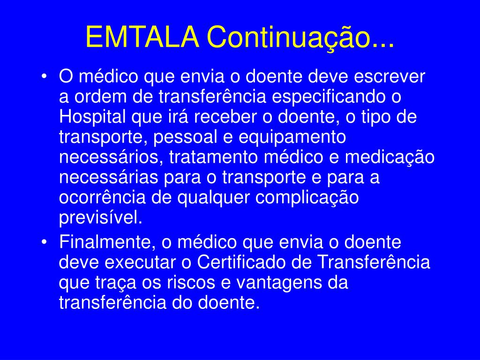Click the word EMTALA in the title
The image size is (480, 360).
point(142,37)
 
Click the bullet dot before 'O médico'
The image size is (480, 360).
point(45,76)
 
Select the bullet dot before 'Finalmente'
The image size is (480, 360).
point(45,242)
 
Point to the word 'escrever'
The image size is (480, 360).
point(390,76)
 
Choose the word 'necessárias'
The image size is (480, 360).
point(109,178)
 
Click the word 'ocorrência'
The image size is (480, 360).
point(102,198)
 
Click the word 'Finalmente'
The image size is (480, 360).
point(108,242)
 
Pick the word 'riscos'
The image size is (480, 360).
point(191,283)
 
